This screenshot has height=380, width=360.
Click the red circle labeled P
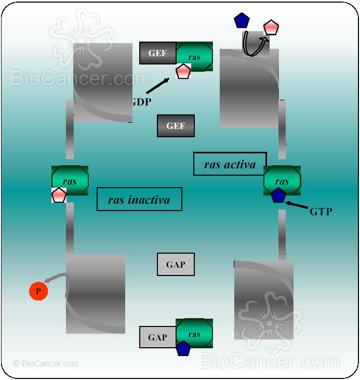[x=38, y=291]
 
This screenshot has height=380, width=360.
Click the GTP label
[x=321, y=212]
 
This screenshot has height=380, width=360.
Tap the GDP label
[x=141, y=102]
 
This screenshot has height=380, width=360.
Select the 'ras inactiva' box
[x=139, y=200]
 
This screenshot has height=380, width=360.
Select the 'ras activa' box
[x=230, y=164]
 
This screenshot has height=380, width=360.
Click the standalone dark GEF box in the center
[x=176, y=126]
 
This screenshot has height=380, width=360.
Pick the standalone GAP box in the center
[x=176, y=265]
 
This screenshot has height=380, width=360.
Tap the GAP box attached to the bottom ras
[x=157, y=337]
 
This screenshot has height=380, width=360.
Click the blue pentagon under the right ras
[x=278, y=195]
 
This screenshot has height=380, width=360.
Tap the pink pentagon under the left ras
[x=59, y=195]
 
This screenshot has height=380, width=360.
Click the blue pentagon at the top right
[x=242, y=21]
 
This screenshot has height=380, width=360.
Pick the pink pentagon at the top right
[x=271, y=27]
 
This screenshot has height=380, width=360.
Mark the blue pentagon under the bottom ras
[x=183, y=348]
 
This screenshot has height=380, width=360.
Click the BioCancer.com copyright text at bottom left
[x=46, y=364]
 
